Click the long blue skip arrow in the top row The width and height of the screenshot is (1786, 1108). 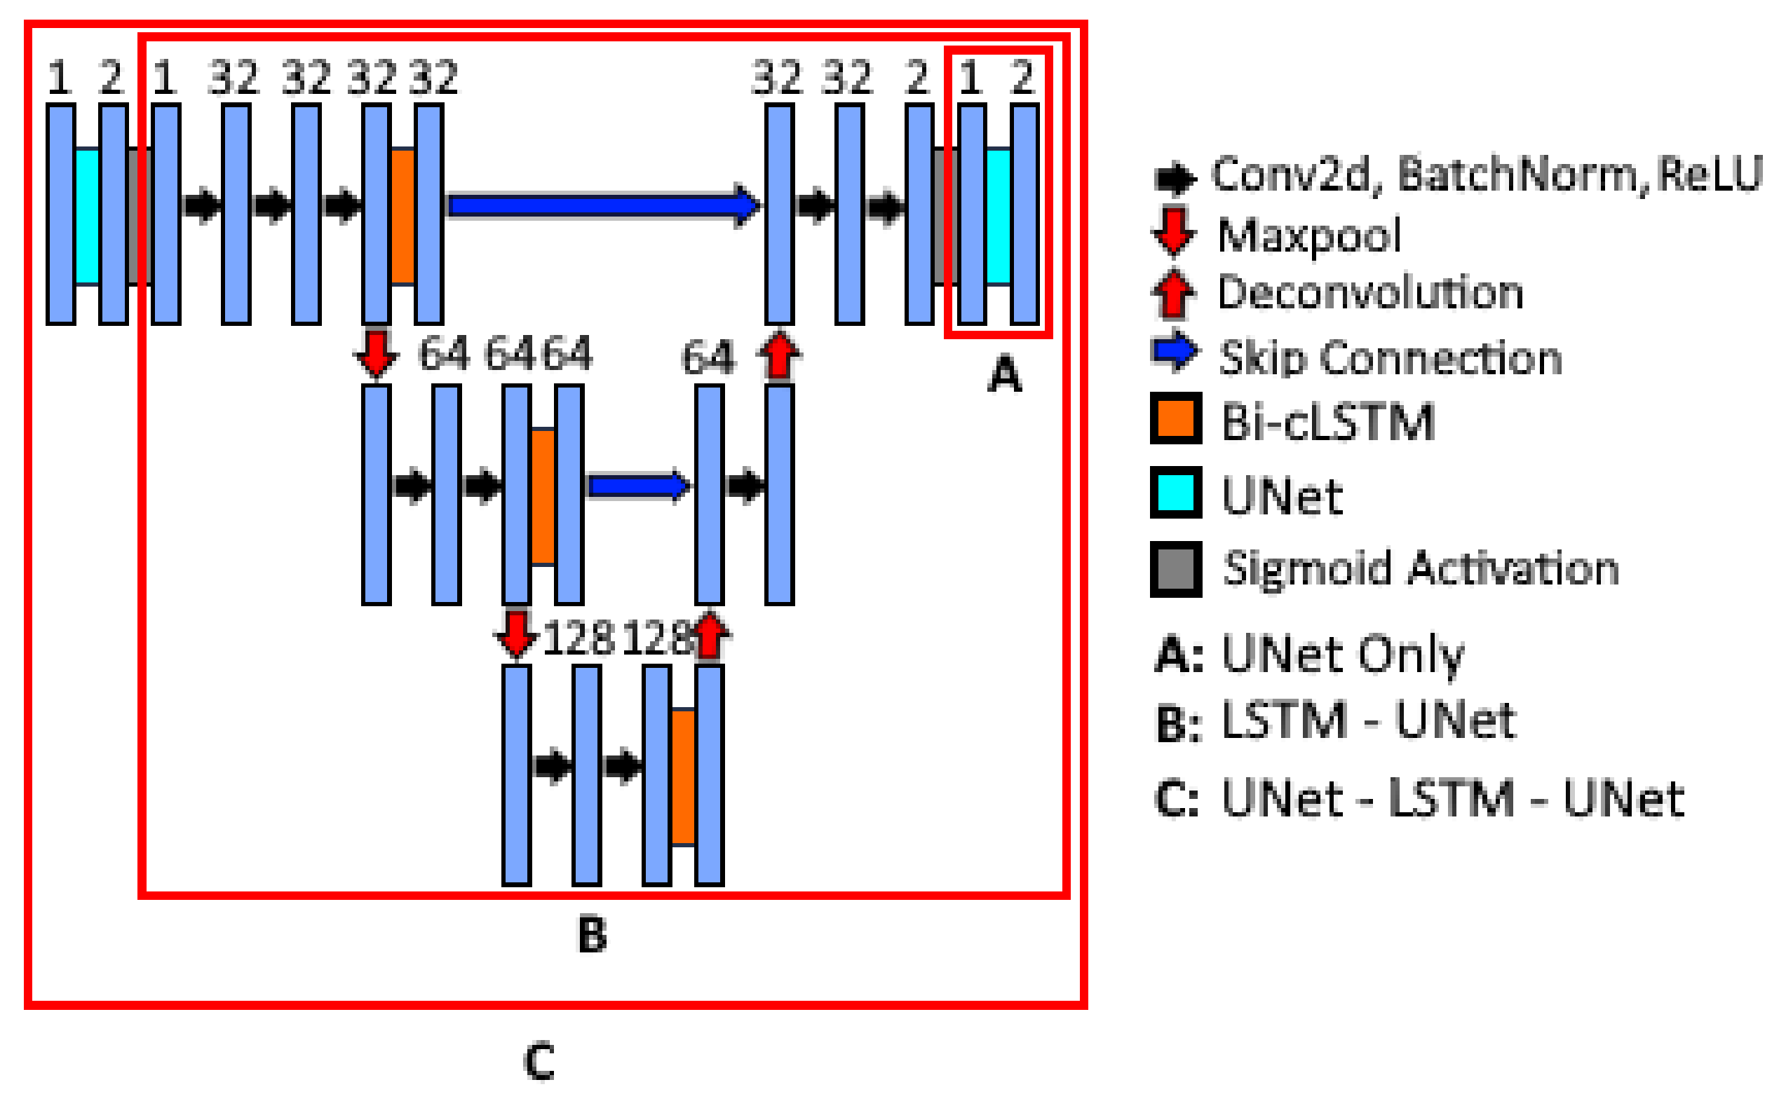pos(601,206)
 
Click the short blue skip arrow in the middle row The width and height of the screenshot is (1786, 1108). pos(638,486)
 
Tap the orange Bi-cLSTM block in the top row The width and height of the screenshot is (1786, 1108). pos(402,216)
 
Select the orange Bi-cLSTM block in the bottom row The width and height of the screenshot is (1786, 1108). pos(683,777)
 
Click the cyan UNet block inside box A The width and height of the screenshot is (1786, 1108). pos(998,216)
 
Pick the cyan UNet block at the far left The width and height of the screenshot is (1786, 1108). pos(87,216)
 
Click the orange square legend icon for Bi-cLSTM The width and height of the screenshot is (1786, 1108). pos(1176,419)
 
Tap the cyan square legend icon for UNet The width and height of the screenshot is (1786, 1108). pos(1176,493)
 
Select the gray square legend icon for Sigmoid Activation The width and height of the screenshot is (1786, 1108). pos(1176,569)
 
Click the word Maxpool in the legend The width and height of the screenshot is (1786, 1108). pos(1309,236)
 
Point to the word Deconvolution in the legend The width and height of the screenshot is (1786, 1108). pos(1370,293)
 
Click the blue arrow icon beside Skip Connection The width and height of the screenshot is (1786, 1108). pos(1175,353)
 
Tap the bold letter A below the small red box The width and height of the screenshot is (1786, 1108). pos(1003,374)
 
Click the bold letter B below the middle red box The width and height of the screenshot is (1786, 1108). pos(593,935)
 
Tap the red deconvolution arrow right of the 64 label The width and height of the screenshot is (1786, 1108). pos(778,356)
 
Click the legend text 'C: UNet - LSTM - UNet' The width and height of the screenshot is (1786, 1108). pos(1419,799)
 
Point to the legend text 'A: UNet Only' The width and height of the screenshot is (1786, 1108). pos(1309,655)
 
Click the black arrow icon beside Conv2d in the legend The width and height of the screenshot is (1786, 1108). pos(1175,178)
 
